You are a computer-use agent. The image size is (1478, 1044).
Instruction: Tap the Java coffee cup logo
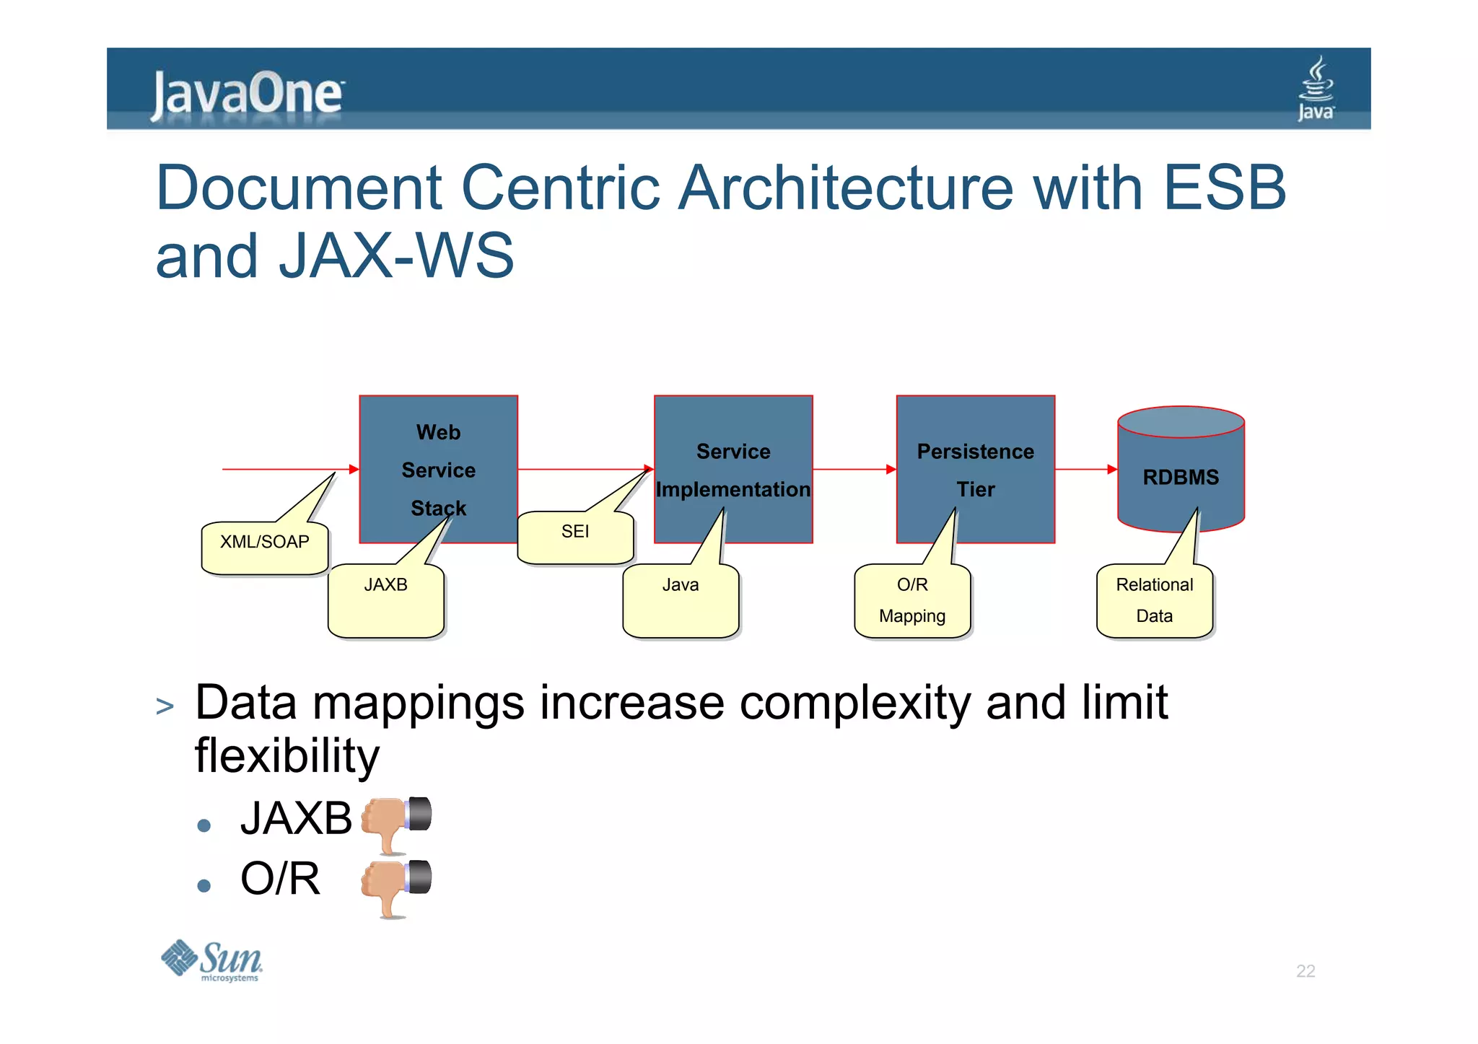[x=1316, y=89]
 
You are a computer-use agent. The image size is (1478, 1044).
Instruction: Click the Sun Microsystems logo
[x=212, y=961]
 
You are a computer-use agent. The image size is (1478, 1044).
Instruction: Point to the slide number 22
[x=1305, y=971]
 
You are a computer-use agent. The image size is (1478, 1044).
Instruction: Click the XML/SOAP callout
[x=265, y=548]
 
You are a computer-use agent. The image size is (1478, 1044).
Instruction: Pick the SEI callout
[x=575, y=538]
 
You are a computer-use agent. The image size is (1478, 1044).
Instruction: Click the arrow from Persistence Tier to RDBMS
[x=1085, y=469]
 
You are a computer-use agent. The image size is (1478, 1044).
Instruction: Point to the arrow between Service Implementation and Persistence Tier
[x=854, y=469]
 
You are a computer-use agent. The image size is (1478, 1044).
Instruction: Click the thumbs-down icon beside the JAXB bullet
[x=395, y=823]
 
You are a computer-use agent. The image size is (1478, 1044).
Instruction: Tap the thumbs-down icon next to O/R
[x=395, y=886]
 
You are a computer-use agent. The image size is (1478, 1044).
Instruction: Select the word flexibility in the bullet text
[x=287, y=755]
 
